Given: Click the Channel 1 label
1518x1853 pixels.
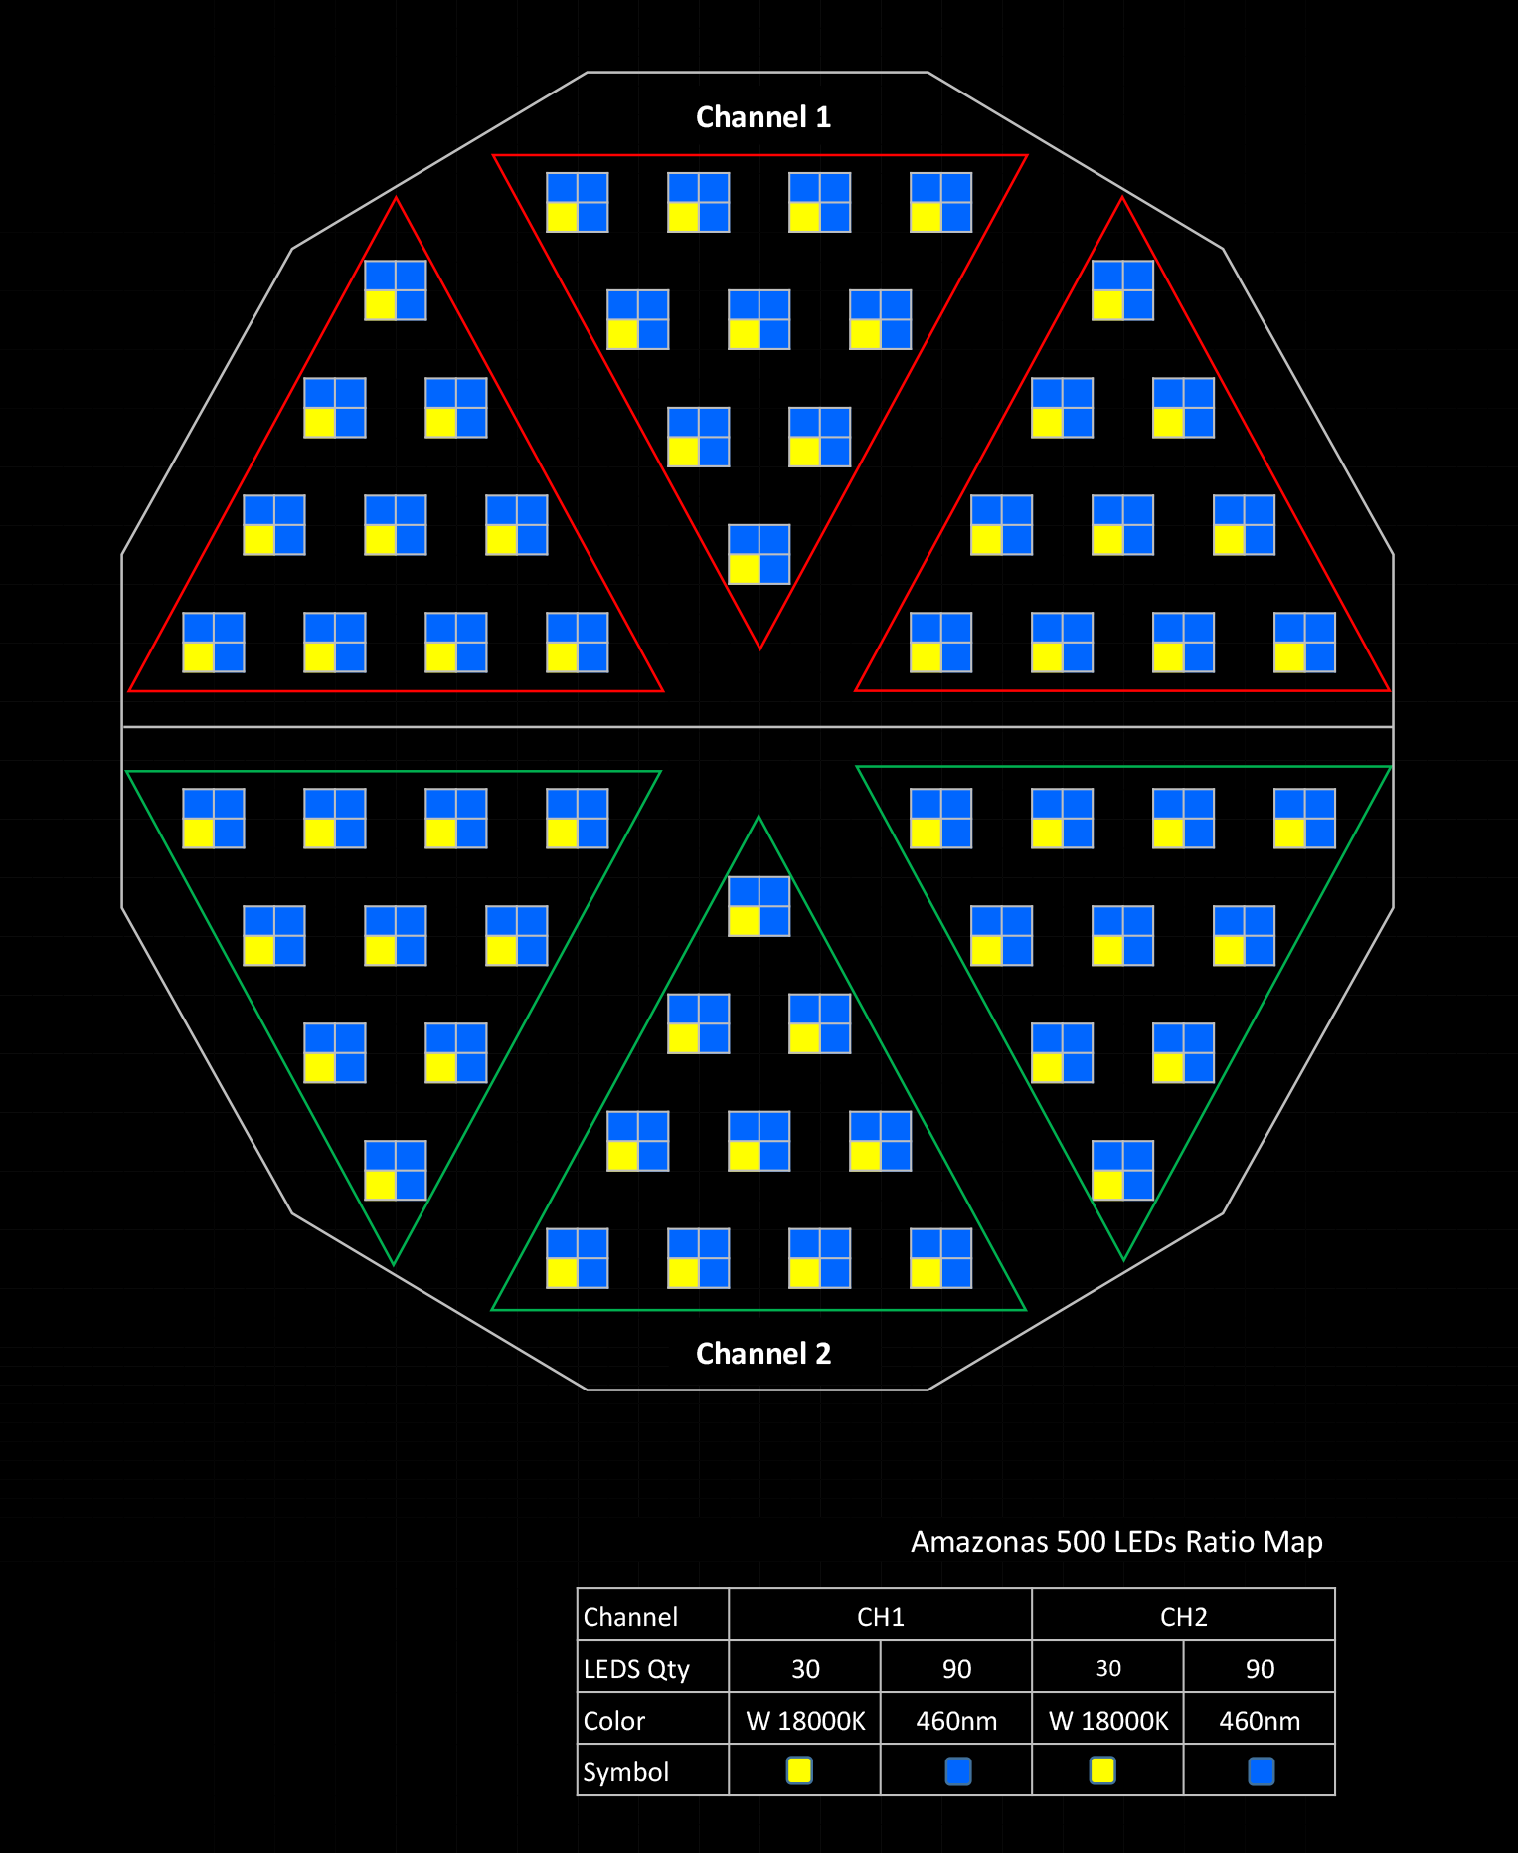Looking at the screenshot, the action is point(762,117).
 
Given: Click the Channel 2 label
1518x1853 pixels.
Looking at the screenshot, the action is point(762,1354).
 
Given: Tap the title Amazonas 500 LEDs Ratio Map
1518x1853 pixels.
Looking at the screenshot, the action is point(1116,1542).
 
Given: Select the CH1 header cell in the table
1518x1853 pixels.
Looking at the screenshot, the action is point(881,1617).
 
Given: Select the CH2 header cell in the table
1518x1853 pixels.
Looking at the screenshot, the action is point(1184,1617).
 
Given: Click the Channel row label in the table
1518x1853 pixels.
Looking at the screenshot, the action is point(630,1617).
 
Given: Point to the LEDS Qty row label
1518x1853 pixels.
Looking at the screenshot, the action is point(636,1669).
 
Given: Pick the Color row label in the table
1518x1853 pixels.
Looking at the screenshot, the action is point(614,1721).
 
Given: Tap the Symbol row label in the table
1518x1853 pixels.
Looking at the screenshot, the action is point(626,1772).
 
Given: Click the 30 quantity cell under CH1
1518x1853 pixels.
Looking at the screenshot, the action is point(805,1669).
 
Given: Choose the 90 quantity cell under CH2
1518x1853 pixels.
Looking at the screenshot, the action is point(1260,1669).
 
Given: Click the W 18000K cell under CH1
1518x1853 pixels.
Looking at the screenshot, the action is point(805,1721).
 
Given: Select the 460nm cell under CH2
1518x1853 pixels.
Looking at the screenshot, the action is point(1260,1721).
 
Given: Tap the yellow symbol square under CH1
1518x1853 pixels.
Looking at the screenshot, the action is point(799,1770).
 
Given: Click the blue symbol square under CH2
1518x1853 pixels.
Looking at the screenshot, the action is point(1261,1770).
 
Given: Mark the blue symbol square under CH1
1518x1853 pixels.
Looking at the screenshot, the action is point(958,1770).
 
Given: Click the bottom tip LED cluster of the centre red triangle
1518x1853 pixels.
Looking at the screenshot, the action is point(759,554).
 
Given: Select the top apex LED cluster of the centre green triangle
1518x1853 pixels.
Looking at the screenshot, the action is point(759,906).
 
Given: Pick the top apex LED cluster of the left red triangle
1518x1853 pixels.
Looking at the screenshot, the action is point(396,290).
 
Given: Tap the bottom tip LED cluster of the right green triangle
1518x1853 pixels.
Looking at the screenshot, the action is point(1123,1171).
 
